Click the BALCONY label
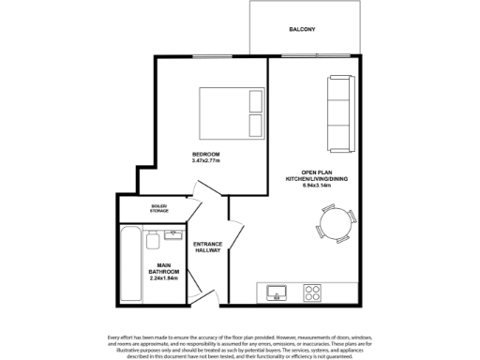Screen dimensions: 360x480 point(302,29)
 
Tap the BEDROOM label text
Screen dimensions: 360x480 point(205,154)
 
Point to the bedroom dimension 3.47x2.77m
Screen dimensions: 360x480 point(205,160)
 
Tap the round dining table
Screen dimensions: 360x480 point(334,224)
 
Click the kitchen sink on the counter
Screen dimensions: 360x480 point(277,292)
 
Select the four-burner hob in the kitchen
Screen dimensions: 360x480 point(311,292)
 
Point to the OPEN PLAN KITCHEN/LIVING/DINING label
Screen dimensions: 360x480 point(314,174)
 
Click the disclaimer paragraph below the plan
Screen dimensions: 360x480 point(240,346)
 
